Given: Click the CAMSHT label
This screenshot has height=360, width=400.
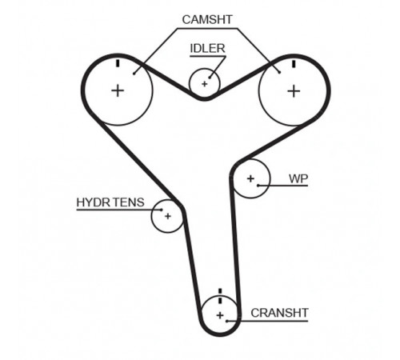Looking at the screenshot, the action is coord(207,20).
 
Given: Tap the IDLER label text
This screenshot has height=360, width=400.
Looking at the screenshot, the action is coord(207,49).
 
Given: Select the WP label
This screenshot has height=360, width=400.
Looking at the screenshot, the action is coord(298,178).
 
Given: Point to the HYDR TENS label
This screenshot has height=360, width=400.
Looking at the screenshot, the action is coord(110,202).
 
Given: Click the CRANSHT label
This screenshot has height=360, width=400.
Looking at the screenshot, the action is coord(279,313).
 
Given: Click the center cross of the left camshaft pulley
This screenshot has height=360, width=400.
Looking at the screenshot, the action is coord(118,90).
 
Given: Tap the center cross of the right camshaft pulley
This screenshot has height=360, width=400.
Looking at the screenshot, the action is coord(294,91).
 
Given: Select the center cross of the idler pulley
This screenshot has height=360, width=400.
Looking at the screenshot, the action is coord(205,84).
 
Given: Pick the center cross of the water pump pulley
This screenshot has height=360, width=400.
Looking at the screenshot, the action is coord(250,178).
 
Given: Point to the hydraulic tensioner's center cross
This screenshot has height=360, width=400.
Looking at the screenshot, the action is coord(168,216).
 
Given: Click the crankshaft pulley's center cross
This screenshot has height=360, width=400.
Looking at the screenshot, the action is coord(220,315).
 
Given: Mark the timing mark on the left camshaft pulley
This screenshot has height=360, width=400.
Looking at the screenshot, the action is coord(118,63).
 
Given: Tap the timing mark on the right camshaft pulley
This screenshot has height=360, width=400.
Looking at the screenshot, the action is coord(294,64).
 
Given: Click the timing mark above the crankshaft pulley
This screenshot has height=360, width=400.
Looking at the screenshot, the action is coord(220,296).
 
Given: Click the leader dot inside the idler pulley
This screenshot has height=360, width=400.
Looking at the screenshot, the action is coord(210,78).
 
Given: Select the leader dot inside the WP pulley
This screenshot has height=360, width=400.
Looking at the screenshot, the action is coord(258,186).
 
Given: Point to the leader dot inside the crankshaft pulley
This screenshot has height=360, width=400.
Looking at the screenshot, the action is coord(227,321).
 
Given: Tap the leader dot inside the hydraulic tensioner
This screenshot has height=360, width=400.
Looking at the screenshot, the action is coord(162,210).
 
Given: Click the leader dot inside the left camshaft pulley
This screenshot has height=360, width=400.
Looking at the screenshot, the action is coord(134,74).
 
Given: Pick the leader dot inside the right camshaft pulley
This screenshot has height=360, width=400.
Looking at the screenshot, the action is coord(279,72).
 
